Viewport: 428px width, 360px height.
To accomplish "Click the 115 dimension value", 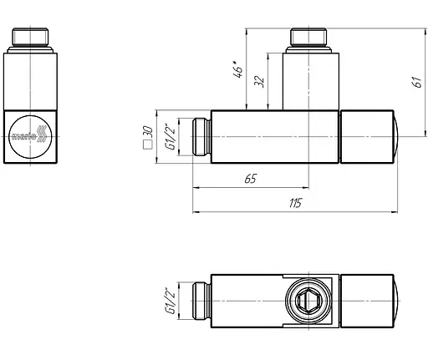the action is [x=295, y=203].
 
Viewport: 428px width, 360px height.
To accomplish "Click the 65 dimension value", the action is [x=250, y=179].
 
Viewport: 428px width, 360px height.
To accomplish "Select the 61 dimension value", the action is [x=417, y=82].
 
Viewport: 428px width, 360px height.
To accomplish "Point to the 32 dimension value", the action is [x=259, y=81].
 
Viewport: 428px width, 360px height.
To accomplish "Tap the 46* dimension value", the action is [x=238, y=69].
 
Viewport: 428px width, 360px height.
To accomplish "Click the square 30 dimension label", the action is [x=148, y=138].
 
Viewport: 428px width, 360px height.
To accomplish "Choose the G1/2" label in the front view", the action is [x=171, y=137].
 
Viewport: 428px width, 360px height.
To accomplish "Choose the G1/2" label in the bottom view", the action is [x=171, y=301].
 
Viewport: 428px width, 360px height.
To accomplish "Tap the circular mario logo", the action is [x=30, y=137].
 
